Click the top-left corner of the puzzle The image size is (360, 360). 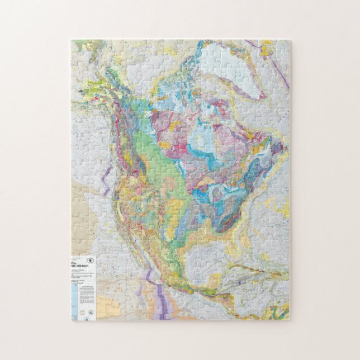pyautogui.click(x=72, y=40)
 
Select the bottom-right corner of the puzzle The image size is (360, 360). pyautogui.click(x=289, y=320)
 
